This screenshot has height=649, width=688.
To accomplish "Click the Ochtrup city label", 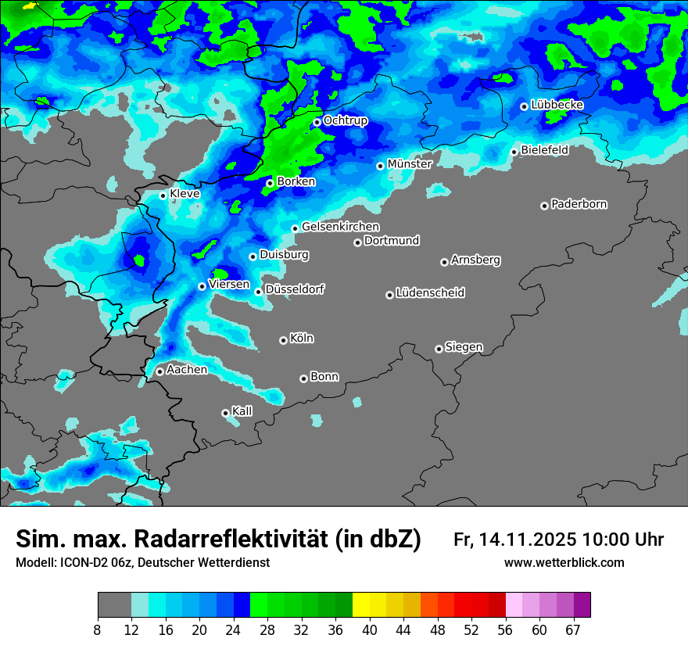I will [x=345, y=121].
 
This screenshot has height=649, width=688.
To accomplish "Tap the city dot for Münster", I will [x=381, y=166].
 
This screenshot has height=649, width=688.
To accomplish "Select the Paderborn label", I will [x=579, y=205].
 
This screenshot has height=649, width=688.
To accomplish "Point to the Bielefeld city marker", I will [x=514, y=152].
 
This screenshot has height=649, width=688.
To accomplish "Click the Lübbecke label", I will [x=557, y=105].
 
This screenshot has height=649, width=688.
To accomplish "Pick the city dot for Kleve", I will [x=163, y=195].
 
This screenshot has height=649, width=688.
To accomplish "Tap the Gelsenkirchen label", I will [x=340, y=227].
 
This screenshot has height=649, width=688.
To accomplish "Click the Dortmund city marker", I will [x=358, y=242].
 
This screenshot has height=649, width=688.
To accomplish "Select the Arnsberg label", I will [x=475, y=260].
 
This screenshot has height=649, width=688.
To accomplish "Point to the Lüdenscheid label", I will [x=430, y=293].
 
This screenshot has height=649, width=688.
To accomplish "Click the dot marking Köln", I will [x=283, y=340].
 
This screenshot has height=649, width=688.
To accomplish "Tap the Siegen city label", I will [x=464, y=347].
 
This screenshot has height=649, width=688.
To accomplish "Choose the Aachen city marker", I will [x=159, y=371].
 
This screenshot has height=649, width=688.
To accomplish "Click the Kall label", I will [x=242, y=411].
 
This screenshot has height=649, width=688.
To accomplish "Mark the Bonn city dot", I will [x=304, y=378].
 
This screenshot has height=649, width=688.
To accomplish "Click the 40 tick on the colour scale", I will [x=370, y=629].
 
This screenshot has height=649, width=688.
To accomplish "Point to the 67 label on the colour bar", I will [x=573, y=629].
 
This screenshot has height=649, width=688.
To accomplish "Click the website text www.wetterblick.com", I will [x=564, y=563].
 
